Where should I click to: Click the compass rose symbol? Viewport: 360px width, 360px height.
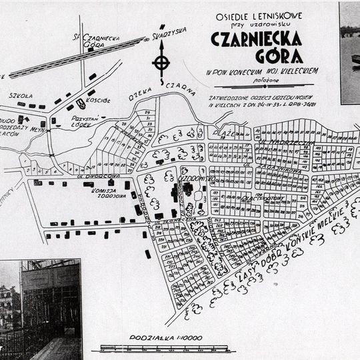160,63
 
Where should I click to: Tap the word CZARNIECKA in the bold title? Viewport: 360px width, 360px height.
256,39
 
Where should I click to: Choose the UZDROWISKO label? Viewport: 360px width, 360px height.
195,178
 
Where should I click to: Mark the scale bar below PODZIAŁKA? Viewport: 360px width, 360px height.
163,347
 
